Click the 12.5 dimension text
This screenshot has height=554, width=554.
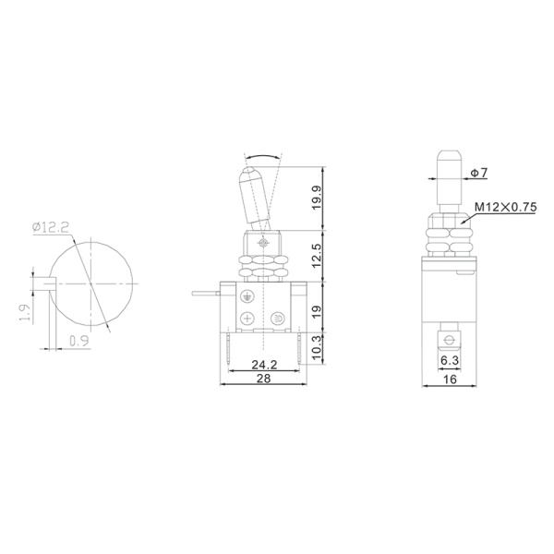point(317,253)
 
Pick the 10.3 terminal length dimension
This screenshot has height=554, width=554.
point(317,348)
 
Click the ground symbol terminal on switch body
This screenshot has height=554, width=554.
point(247,296)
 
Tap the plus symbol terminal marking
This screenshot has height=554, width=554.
point(247,319)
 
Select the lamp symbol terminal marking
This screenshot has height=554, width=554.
point(279,319)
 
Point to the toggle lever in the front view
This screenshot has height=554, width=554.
point(254,194)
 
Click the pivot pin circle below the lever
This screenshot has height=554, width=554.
point(264,242)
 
